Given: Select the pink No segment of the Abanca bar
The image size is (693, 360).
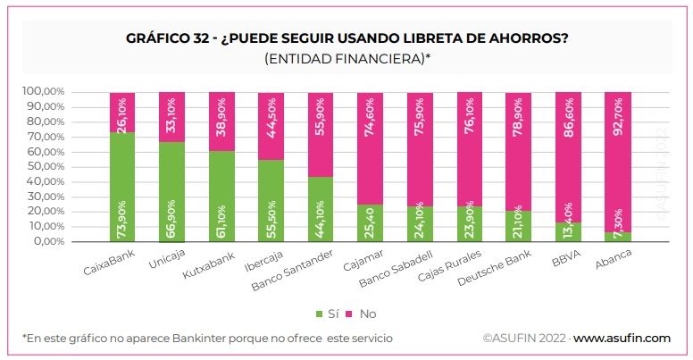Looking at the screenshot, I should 618,161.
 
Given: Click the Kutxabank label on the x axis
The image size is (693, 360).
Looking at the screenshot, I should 213,265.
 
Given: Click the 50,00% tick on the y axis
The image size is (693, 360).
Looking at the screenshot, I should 44,166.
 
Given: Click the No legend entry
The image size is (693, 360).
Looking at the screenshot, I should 363,314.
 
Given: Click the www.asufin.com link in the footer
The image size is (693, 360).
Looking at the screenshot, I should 622,339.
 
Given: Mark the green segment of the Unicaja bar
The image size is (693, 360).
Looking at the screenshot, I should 172,192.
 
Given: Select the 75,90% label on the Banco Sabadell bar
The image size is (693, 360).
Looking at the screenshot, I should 420,113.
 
